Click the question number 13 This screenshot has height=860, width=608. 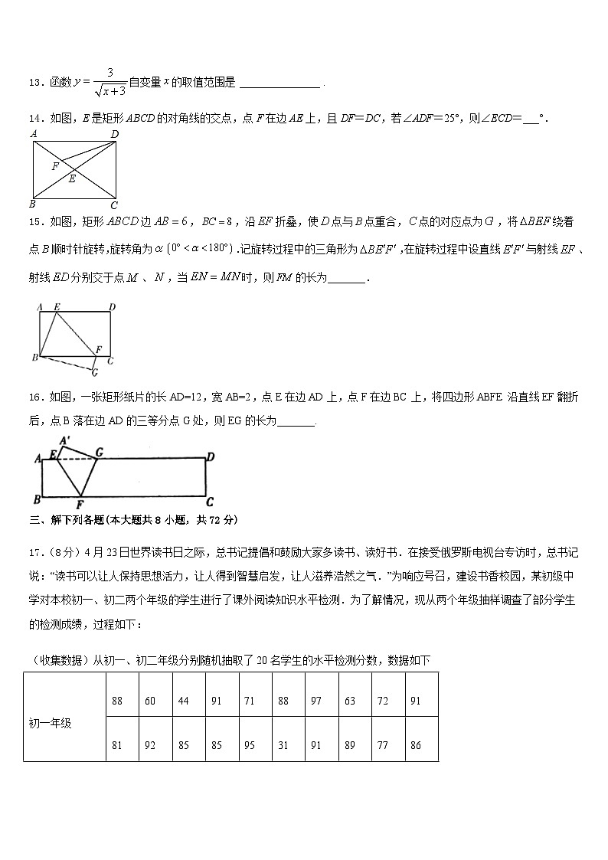click(34, 83)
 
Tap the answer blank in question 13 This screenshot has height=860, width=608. click(279, 83)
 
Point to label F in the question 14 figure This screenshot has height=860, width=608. click(55, 165)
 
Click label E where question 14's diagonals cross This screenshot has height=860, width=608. click(72, 179)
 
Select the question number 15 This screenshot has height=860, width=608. click(34, 222)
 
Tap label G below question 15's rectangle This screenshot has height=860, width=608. click(94, 373)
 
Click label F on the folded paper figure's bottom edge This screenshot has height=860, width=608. click(80, 505)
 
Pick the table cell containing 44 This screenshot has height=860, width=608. click(183, 701)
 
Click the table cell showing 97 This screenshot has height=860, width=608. click(315, 701)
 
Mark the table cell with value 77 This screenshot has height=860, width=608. click(382, 744)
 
